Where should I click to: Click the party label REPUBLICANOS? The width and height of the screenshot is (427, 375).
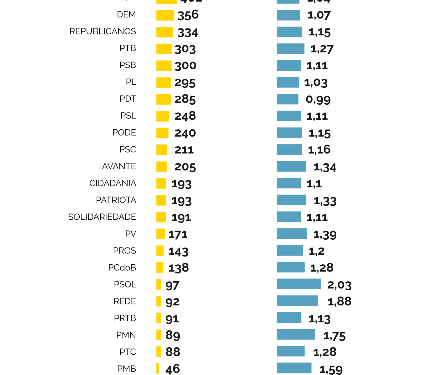coord(103,32)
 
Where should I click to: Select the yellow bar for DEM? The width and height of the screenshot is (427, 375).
coord(165,15)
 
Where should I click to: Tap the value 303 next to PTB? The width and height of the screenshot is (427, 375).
coord(185,49)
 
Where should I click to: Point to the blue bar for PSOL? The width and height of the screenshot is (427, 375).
coord(299,284)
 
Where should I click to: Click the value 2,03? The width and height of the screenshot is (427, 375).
coord(339,285)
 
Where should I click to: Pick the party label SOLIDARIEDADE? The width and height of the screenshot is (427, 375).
coord(102,217)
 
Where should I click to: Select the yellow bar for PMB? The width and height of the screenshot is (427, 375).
coord(158,368)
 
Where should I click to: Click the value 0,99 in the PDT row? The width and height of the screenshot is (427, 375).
coord(318,100)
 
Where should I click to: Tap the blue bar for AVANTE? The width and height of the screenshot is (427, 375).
coord(291,166)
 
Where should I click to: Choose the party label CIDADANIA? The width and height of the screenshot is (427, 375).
coord(113,183)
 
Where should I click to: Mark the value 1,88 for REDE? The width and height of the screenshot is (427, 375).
coord(339,302)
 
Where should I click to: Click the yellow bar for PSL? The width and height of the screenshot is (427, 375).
coord(163,116)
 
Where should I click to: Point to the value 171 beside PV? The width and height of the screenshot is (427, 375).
coord(178,234)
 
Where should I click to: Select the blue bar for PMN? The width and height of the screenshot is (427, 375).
coord(296,334)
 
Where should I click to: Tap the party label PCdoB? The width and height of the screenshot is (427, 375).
coord(122,268)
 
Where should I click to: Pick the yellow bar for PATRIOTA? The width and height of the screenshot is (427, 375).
coord(161,200)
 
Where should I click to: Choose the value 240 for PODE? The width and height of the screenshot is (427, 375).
coord(185,133)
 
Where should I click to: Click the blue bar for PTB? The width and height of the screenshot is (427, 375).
coord(290,49)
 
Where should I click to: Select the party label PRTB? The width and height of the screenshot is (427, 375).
coord(125,318)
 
